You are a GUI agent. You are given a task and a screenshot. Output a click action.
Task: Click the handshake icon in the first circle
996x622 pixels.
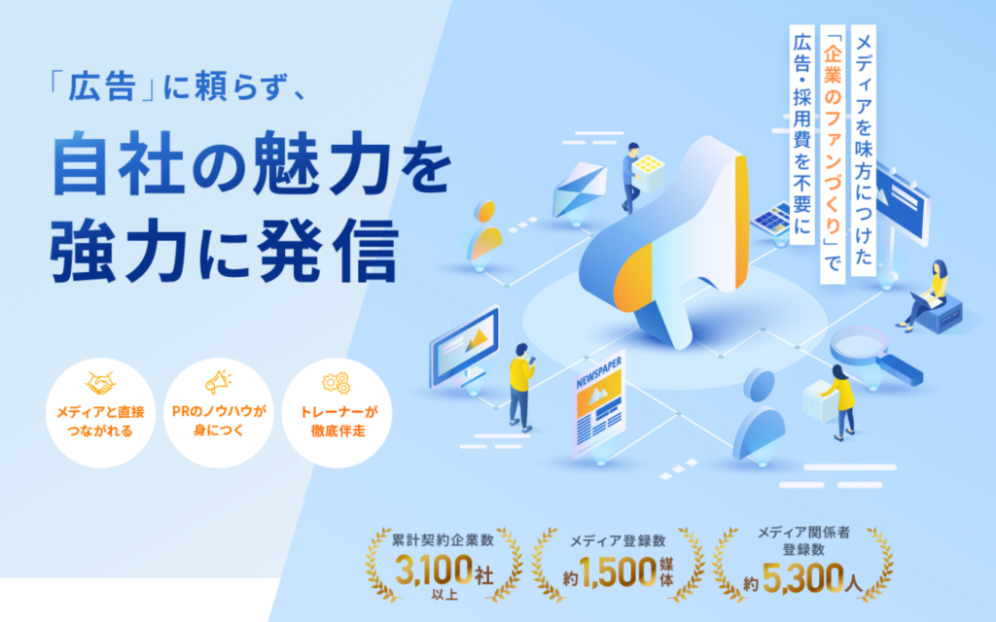[x=101, y=383]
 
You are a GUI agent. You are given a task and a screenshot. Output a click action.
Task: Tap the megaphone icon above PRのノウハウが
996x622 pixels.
[x=218, y=381]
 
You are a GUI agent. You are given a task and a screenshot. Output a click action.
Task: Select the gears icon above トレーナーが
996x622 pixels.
[x=336, y=382]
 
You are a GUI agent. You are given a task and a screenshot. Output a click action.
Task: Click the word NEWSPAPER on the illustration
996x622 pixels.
[x=598, y=372]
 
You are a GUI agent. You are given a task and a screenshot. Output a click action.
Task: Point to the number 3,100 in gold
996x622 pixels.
[x=434, y=570]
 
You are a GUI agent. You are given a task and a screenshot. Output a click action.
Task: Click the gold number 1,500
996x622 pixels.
[x=618, y=572]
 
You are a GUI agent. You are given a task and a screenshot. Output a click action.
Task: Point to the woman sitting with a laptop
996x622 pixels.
[x=924, y=295]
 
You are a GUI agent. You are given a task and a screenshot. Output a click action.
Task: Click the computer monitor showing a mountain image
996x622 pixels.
[x=465, y=347]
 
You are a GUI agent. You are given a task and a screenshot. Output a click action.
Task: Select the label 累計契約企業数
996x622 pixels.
[x=443, y=540]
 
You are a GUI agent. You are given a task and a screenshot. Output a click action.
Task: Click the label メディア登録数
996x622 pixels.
[x=618, y=540]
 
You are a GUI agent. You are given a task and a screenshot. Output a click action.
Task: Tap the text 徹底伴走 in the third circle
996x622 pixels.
[x=338, y=431]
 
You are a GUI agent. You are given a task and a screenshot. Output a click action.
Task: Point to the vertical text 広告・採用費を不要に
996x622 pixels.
[x=802, y=134]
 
